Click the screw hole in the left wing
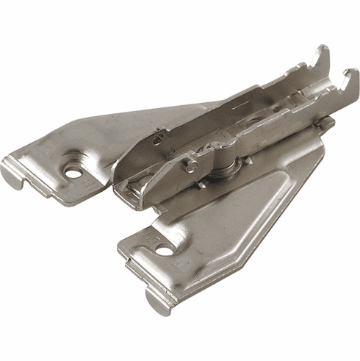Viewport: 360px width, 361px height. tap(73, 171)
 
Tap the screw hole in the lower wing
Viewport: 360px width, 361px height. tap(165, 250)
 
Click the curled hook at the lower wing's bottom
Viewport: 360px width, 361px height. tap(155, 301)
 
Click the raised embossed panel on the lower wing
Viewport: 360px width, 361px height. tap(242, 213)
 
